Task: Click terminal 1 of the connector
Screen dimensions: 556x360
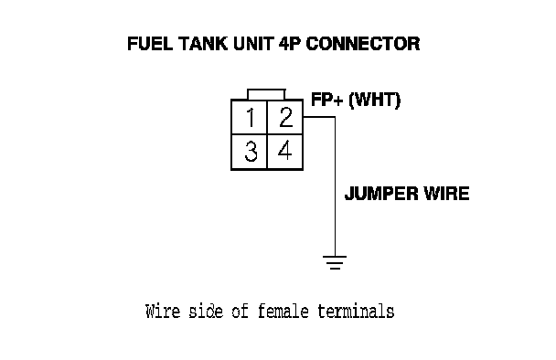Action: [250, 117]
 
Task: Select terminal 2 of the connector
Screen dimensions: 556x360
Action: [285, 117]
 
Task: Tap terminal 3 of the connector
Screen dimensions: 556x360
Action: [250, 152]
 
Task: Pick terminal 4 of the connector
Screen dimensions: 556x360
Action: [285, 152]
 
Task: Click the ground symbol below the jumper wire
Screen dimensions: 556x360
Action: [335, 262]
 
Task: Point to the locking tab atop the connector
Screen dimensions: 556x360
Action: [266, 94]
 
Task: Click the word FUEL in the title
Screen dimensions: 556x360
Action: [150, 44]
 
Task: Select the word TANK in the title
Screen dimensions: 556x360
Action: [203, 44]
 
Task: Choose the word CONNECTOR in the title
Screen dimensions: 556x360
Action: [363, 44]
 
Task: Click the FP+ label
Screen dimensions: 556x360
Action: [327, 100]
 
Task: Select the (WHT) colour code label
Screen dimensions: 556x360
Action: [374, 100]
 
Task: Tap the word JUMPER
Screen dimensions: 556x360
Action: [381, 194]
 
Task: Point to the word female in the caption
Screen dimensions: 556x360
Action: [283, 311]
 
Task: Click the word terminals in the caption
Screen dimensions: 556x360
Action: [356, 311]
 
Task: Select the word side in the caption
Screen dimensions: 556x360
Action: [206, 311]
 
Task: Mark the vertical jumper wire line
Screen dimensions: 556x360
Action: [335, 186]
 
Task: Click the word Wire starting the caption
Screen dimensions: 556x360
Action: [163, 311]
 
